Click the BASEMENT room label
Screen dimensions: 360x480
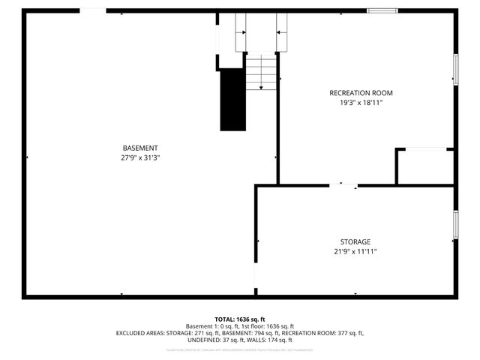pos(140,148)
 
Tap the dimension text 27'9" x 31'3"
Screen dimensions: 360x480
pos(140,157)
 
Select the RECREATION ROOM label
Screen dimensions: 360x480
pos(361,93)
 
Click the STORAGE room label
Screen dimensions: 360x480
pos(355,241)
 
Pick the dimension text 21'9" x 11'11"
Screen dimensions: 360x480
pos(355,252)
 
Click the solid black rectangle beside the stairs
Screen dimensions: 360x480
pos(232,99)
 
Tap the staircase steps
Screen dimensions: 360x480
pos(262,73)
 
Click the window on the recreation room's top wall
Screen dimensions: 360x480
pos(382,10)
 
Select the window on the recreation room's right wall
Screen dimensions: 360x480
pos(454,70)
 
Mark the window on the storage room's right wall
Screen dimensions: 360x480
pos(454,225)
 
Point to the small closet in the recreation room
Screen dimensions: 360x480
pos(424,166)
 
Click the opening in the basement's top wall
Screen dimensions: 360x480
pos(92,10)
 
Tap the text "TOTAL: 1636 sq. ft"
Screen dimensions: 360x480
pos(240,319)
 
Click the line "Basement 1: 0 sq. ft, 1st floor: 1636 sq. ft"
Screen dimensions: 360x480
pos(240,326)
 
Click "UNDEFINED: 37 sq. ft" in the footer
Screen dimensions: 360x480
pos(208,340)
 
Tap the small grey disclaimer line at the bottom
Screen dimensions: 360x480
pos(240,349)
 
